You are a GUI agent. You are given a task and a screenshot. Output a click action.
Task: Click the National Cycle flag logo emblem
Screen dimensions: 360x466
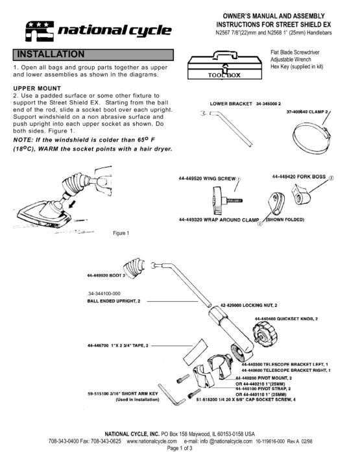click(40, 31)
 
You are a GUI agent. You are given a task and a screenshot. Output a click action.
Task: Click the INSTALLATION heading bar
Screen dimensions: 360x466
click(93, 55)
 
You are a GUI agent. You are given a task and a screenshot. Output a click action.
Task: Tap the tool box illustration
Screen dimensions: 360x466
click(224, 66)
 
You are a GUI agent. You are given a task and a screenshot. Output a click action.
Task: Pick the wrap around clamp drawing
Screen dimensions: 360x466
click(276, 204)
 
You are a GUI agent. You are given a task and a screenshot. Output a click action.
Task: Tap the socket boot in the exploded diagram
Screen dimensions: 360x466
click(135, 267)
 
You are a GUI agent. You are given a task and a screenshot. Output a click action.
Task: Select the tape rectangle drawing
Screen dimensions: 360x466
click(195, 352)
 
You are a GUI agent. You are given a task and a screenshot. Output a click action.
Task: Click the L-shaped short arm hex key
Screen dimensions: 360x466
click(171, 395)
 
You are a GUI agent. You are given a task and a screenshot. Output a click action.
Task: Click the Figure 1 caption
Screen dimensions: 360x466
click(121, 233)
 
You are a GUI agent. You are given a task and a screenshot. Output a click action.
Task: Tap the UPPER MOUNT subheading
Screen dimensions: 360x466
click(37, 88)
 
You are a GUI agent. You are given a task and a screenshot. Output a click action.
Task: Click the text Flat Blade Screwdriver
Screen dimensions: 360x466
click(294, 53)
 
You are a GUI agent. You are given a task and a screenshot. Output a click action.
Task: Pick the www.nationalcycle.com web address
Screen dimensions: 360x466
click(152, 441)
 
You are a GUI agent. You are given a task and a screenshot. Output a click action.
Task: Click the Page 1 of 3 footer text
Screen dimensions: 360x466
click(180, 448)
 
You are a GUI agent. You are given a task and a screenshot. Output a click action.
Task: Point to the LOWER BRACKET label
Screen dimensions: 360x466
click(231, 104)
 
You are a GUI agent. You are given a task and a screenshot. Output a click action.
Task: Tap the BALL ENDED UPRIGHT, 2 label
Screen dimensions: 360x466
click(114, 301)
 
